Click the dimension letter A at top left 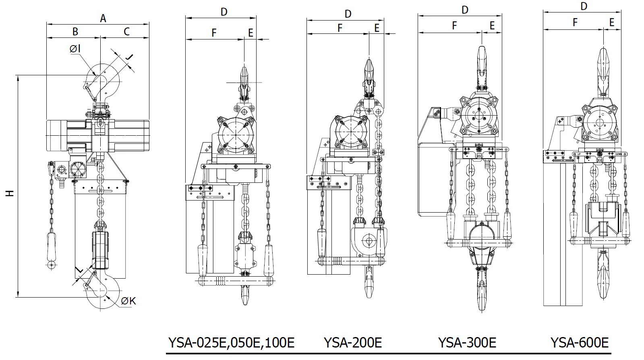point(103,18)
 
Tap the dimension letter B point(75,31)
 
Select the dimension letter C point(126,31)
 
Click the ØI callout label point(75,49)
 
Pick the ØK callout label point(128,301)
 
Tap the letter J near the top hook point(128,59)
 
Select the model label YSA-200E point(352,343)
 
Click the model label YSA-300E point(467,343)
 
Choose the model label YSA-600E point(579,343)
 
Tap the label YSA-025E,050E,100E point(231,343)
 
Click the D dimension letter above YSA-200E point(348,14)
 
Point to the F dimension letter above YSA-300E point(454,25)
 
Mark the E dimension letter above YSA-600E point(612,23)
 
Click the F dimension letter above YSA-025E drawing point(214,33)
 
